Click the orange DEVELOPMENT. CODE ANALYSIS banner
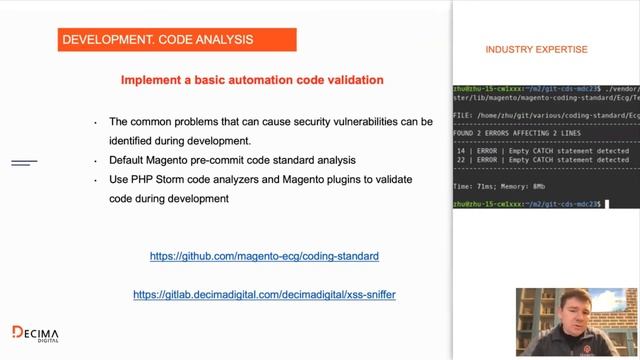tap(176, 39)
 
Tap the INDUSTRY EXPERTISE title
tap(536, 49)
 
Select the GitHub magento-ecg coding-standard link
tap(264, 256)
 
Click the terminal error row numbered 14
tap(541, 151)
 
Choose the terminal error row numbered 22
tap(541, 160)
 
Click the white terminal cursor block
tap(607, 204)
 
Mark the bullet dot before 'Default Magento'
tap(96, 161)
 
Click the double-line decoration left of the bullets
tap(24, 162)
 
